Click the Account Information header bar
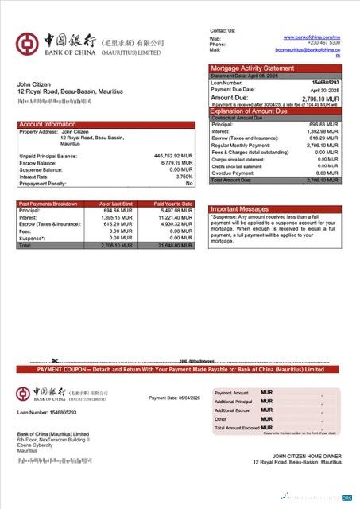[x=106, y=125]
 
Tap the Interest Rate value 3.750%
[x=183, y=177]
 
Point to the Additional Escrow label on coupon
[x=232, y=410]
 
